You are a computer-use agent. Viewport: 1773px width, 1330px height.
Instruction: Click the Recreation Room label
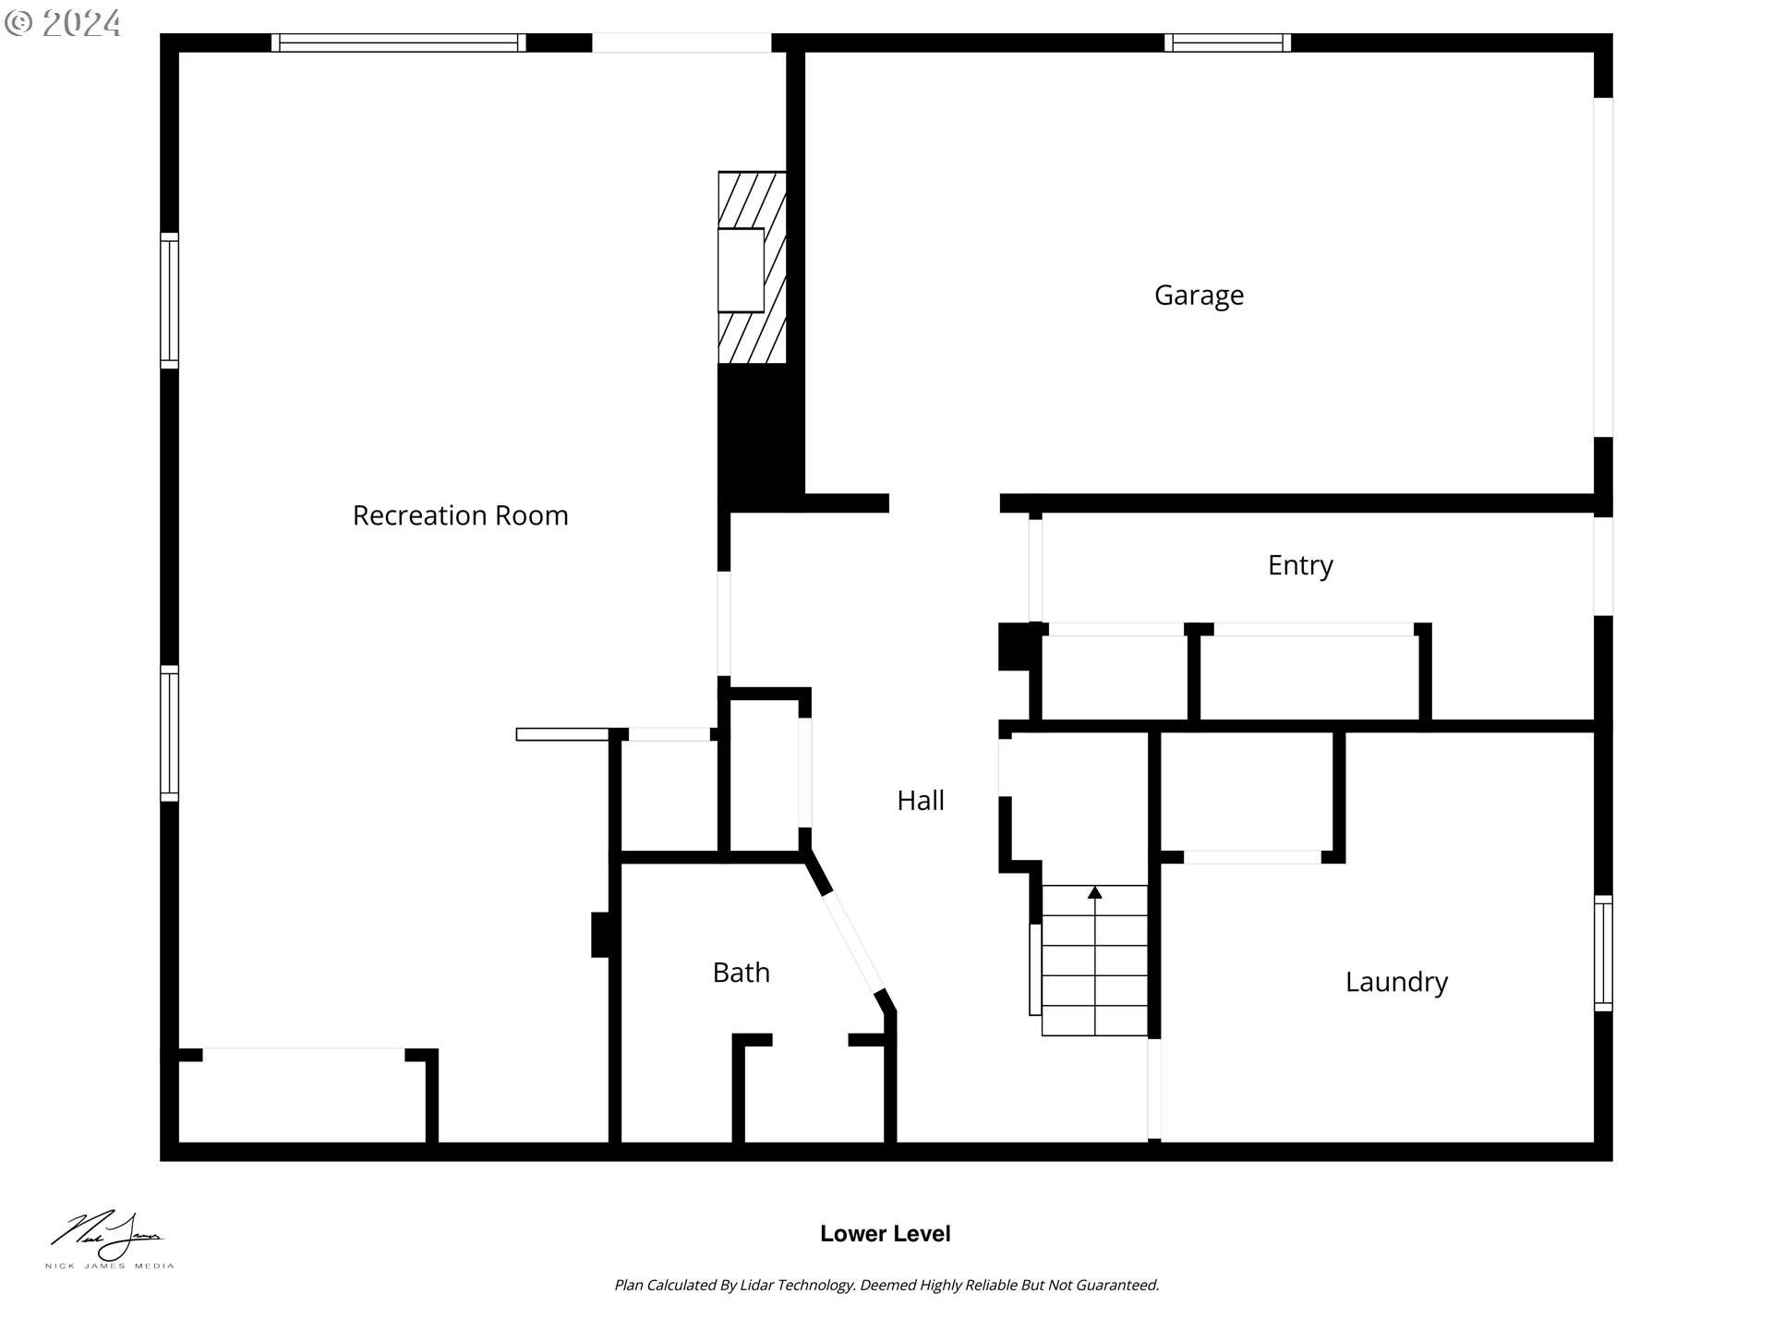[x=460, y=515]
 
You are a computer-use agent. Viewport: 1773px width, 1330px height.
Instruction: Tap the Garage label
[x=1199, y=296]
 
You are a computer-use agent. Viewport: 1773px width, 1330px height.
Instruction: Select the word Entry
[x=1299, y=565]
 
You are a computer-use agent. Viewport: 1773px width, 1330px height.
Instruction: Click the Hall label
[x=920, y=801]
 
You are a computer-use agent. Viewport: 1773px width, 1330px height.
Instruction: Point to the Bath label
[x=741, y=973]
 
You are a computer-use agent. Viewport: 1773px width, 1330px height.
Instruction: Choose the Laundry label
[x=1395, y=982]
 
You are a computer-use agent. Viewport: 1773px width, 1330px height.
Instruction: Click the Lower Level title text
[x=885, y=1234]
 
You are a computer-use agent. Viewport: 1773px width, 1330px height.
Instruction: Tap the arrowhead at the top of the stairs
[x=1094, y=892]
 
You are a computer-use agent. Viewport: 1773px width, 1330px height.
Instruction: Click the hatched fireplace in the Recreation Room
[x=752, y=268]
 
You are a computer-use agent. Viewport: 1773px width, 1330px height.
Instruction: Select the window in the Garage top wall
[x=1227, y=42]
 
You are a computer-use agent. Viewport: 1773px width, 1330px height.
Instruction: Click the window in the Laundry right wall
[x=1603, y=953]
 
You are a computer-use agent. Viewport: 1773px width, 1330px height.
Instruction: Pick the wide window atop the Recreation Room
[x=398, y=42]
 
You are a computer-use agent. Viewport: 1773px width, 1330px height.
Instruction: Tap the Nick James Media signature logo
[x=108, y=1239]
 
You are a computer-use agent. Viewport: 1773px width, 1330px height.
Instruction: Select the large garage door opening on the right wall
[x=1603, y=267]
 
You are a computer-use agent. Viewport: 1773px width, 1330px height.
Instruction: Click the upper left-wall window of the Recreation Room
[x=169, y=301]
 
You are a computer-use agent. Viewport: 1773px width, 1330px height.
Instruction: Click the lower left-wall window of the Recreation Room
[x=169, y=733]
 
